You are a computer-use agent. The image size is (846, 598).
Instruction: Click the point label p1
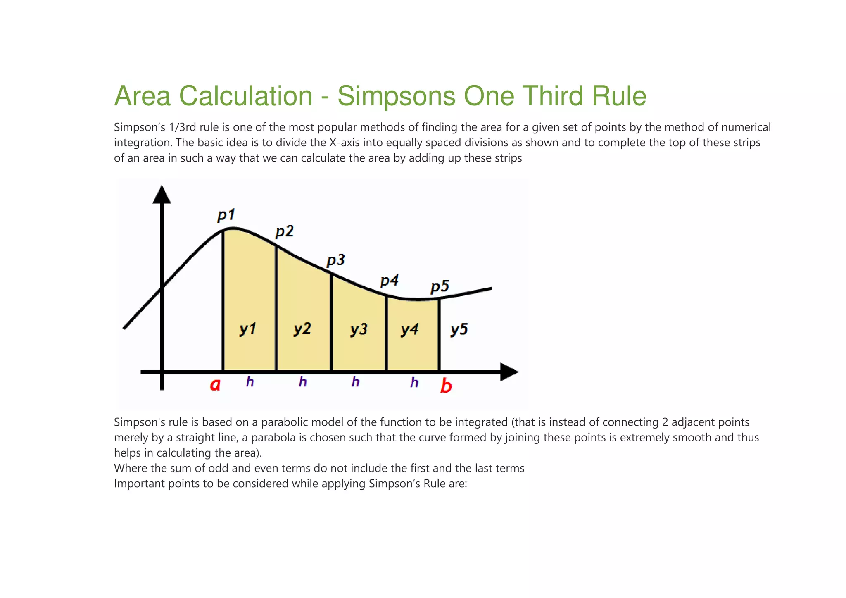tap(226, 215)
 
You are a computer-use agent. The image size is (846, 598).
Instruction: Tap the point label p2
tap(284, 231)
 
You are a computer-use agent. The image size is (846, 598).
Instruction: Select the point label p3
tap(335, 260)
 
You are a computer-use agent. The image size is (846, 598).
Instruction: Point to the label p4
tap(389, 281)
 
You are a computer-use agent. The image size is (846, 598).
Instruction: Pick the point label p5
tap(440, 286)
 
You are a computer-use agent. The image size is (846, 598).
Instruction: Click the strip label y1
tap(248, 329)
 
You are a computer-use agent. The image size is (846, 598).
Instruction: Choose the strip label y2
tap(302, 329)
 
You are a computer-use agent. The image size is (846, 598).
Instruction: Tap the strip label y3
tap(359, 329)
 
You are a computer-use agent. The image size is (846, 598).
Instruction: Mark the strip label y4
tap(409, 329)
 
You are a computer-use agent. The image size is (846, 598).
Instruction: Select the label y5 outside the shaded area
tap(459, 329)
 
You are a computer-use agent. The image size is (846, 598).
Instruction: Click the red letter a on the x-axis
tap(215, 385)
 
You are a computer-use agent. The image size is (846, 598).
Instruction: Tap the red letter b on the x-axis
tap(446, 386)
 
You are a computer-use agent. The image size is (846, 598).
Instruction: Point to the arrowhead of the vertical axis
tap(162, 195)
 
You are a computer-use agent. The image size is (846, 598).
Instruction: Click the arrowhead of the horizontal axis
tap(509, 372)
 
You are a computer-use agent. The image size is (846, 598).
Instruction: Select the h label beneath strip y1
tap(250, 381)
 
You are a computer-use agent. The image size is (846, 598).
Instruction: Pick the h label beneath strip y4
tap(414, 382)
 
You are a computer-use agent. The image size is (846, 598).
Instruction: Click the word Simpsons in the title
tap(396, 96)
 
